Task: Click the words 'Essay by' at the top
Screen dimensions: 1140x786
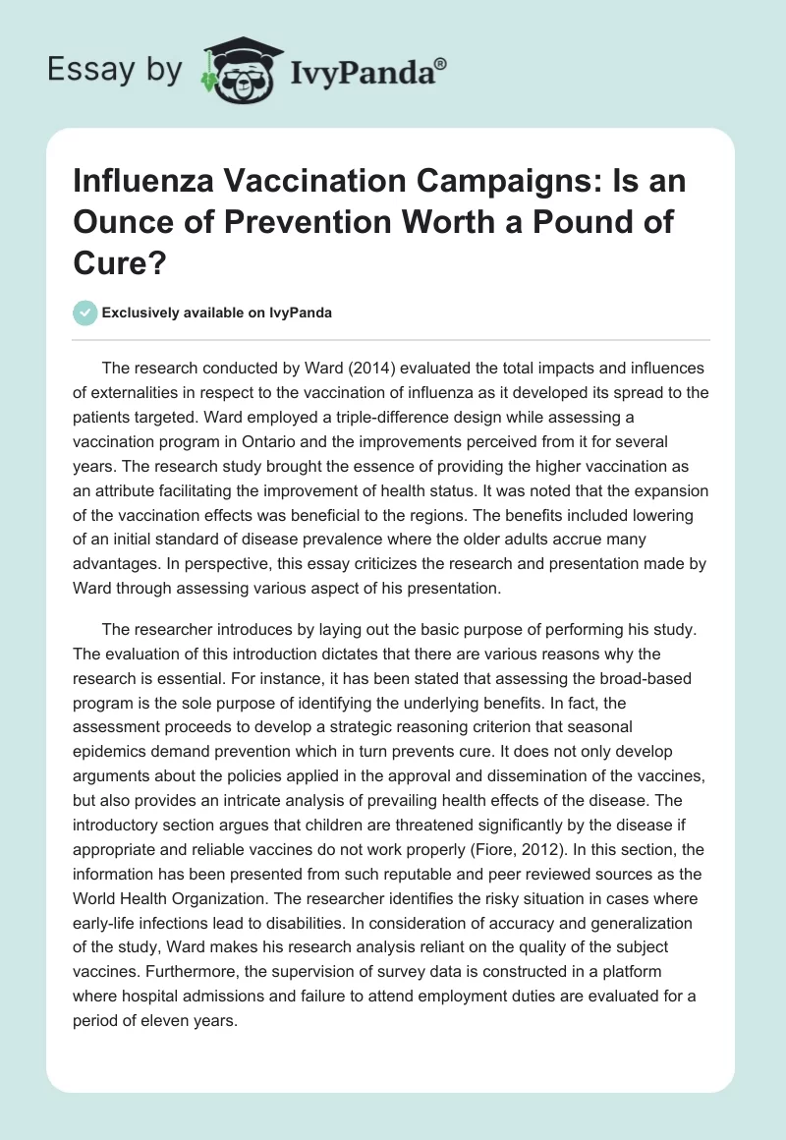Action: tap(116, 71)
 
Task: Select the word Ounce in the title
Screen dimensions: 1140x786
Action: tap(120, 221)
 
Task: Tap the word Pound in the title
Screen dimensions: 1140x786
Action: tap(559, 221)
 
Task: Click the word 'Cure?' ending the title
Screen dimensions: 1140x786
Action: tap(111, 260)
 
